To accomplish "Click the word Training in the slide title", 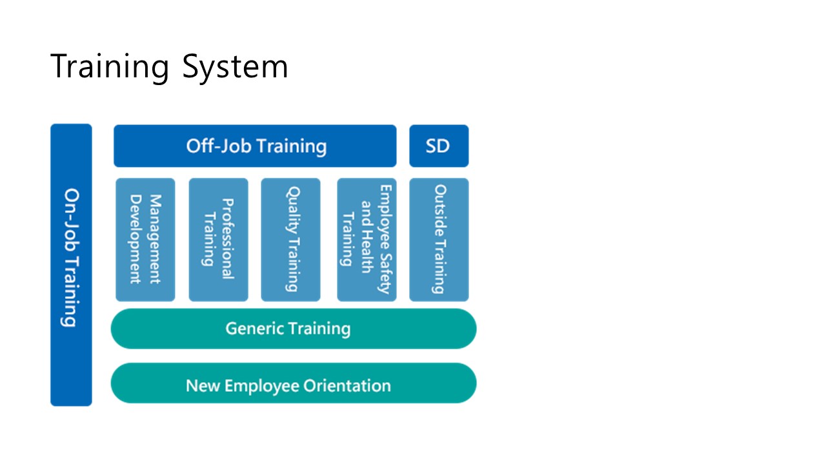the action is (x=110, y=66).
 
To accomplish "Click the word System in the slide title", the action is (x=235, y=66).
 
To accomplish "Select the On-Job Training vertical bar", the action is (x=71, y=265).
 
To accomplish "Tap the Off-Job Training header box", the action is (x=255, y=146).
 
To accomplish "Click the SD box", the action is (x=439, y=146).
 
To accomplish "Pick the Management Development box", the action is (x=145, y=240).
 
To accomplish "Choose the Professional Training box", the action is (x=218, y=240).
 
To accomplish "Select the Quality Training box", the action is (x=290, y=240).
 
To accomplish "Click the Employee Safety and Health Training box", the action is (x=367, y=240).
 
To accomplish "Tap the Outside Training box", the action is (x=439, y=240).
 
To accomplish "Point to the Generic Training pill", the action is (x=294, y=329).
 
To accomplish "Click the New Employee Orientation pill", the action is (x=294, y=383).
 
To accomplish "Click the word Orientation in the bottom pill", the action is (x=347, y=386).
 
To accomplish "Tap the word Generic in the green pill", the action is (x=252, y=328).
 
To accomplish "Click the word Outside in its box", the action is (x=440, y=211).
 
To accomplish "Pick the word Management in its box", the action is (x=156, y=239).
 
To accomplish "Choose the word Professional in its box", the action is (x=228, y=238).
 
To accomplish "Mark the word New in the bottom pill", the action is (x=203, y=386).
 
